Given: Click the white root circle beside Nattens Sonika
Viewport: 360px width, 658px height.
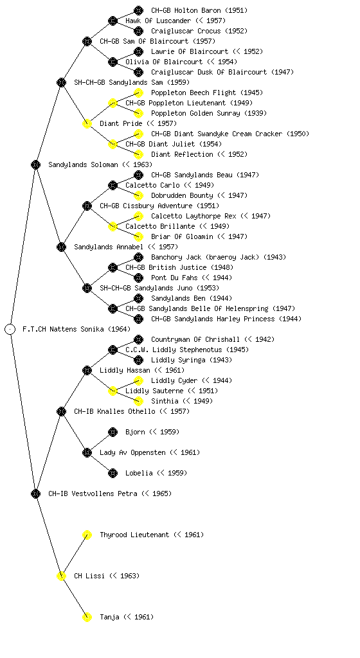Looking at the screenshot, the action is point(10,330).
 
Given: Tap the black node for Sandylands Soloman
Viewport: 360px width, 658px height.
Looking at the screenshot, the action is point(35,165).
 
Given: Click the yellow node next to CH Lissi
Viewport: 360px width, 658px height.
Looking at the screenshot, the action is point(61,576).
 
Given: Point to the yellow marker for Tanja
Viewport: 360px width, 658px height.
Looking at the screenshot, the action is point(87,618).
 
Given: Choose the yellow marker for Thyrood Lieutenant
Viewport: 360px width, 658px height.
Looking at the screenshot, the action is point(87,535).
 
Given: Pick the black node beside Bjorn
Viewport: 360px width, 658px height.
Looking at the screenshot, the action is point(113,432).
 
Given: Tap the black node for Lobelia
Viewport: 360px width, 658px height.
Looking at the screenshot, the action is point(113,474).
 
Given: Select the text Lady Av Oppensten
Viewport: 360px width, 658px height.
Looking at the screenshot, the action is point(132,453).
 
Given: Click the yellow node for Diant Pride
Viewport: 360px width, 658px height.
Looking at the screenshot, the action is point(87,124).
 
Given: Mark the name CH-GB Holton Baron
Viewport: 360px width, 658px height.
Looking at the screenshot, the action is point(186,10).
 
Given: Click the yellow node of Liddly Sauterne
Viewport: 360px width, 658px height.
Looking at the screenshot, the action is point(113,391).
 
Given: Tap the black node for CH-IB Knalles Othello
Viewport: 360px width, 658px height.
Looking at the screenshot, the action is point(61,412).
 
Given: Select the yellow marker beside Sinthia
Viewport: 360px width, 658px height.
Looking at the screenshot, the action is point(138,401).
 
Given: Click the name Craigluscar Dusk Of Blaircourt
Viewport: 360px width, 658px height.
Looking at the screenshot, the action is point(209,72).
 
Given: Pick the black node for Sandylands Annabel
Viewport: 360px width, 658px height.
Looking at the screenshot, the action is point(61,247).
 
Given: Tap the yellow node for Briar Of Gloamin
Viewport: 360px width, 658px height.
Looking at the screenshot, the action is point(138,236).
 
